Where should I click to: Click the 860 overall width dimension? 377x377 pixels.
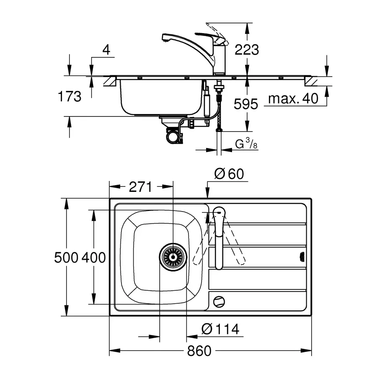[199, 351]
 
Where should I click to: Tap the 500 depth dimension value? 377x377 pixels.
[66, 258]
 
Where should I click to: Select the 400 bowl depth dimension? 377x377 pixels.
[93, 258]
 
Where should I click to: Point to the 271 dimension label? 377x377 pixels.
[141, 187]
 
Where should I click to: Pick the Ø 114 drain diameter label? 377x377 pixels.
[220, 329]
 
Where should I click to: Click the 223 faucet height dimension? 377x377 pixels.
[247, 50]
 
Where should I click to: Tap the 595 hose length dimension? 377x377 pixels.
[246, 104]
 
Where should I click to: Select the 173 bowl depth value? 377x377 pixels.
[70, 96]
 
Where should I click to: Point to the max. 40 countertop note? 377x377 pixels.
[293, 98]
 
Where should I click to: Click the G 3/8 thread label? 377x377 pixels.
[246, 144]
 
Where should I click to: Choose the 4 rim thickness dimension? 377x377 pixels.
[106, 50]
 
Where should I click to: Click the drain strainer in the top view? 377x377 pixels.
[173, 257]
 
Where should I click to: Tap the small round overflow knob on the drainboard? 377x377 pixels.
[219, 301]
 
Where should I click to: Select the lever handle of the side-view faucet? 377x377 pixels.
[210, 38]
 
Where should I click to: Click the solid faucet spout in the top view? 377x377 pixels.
[219, 238]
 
